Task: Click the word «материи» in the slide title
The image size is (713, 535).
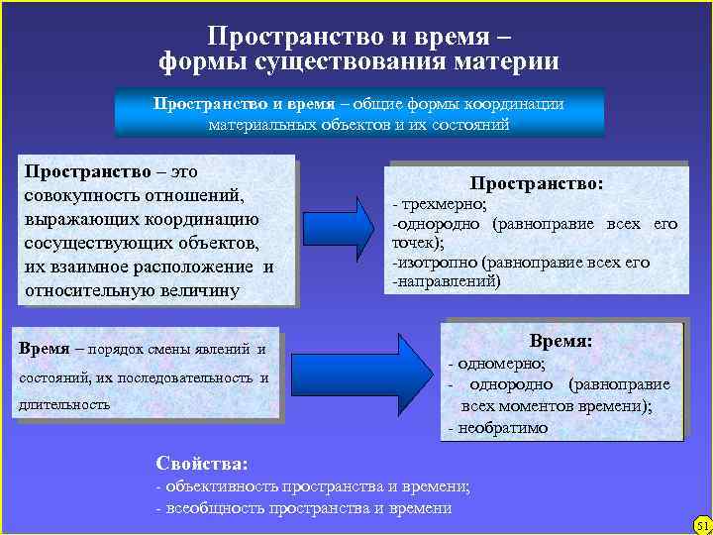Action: (506, 62)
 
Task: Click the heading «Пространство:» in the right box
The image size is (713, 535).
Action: (536, 183)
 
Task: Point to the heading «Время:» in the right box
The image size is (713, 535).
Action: (560, 341)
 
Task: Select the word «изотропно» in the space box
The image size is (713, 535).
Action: (438, 263)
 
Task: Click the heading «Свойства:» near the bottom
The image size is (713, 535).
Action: (202, 463)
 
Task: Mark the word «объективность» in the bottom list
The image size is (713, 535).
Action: (222, 486)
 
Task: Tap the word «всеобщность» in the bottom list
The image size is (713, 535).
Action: (219, 508)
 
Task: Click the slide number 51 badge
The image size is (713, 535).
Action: (702, 523)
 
